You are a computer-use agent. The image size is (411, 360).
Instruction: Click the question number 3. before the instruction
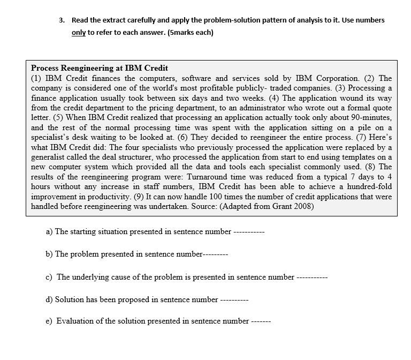(62, 20)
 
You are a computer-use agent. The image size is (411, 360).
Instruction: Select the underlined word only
(79, 33)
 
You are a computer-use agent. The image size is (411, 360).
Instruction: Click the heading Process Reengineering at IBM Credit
(100, 68)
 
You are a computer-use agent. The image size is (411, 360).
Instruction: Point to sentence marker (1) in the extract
(36, 78)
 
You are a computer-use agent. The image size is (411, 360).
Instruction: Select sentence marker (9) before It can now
(189, 197)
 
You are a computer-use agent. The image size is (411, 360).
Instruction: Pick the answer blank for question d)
(234, 300)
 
